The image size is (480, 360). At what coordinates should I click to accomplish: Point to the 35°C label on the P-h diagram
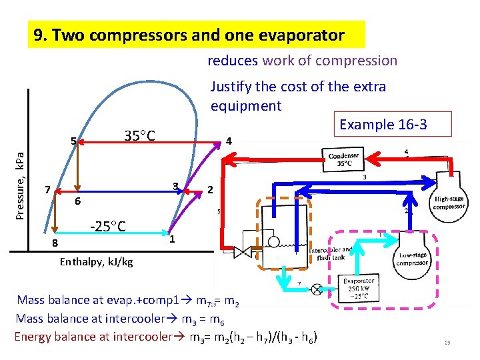coord(140,137)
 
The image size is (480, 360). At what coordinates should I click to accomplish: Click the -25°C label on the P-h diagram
coord(108,226)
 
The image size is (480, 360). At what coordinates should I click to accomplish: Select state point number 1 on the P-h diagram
coord(171,239)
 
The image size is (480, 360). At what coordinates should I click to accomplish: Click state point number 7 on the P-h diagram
coord(47,189)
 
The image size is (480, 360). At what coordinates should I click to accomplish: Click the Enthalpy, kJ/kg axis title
coord(96,262)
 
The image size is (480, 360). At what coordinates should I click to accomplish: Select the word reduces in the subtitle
coord(233,61)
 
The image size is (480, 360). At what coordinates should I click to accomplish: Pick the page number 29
coord(448,343)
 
